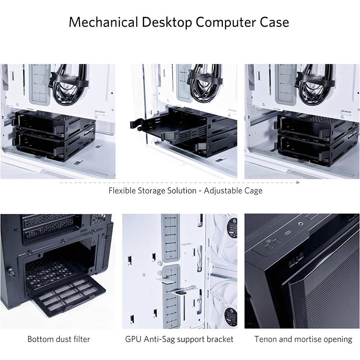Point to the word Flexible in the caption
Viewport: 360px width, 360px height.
point(122,190)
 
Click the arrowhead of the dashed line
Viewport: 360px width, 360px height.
point(298,183)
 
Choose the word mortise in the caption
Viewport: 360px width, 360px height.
point(308,339)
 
